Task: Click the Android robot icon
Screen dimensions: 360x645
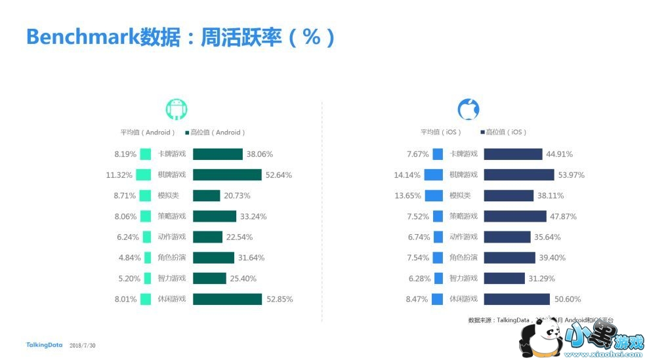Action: click(177, 110)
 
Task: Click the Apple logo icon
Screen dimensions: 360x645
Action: click(468, 110)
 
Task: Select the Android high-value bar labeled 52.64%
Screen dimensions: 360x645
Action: click(227, 175)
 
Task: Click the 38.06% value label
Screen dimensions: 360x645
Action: click(260, 155)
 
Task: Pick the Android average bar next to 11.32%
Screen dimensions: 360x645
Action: click(144, 175)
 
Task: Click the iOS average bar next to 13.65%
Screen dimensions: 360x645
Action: click(434, 195)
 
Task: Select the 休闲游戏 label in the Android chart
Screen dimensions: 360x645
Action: click(172, 299)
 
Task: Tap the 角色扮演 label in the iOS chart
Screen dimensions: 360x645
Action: click(464, 258)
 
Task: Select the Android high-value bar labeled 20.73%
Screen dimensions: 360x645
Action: click(207, 195)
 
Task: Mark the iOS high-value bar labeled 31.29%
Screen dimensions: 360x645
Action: click(503, 279)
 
